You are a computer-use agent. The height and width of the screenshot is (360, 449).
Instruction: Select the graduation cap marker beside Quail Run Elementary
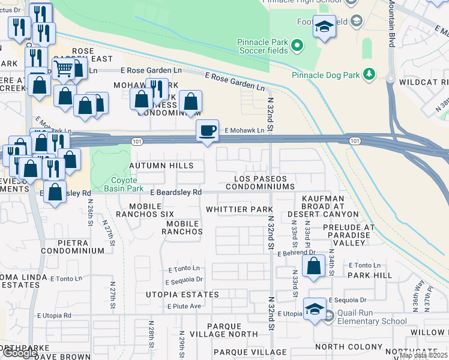(315, 310)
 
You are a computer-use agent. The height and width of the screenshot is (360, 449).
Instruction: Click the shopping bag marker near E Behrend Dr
(314, 265)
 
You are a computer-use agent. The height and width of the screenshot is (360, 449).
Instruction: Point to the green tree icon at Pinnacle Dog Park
(370, 75)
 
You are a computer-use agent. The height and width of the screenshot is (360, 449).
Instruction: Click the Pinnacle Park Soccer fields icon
(297, 45)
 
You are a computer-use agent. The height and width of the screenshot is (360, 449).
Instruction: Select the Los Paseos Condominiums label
(261, 183)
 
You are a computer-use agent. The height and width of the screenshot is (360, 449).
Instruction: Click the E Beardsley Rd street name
(175, 193)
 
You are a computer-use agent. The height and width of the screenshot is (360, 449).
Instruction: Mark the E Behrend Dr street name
(296, 254)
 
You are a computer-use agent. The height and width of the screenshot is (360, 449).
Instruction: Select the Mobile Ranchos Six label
(145, 209)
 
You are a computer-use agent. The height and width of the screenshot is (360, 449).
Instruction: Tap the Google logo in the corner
(19, 353)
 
